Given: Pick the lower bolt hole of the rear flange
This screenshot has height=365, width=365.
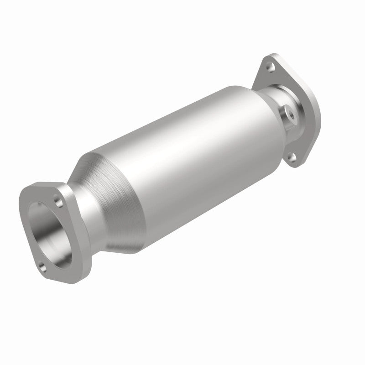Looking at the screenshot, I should pos(291,158).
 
